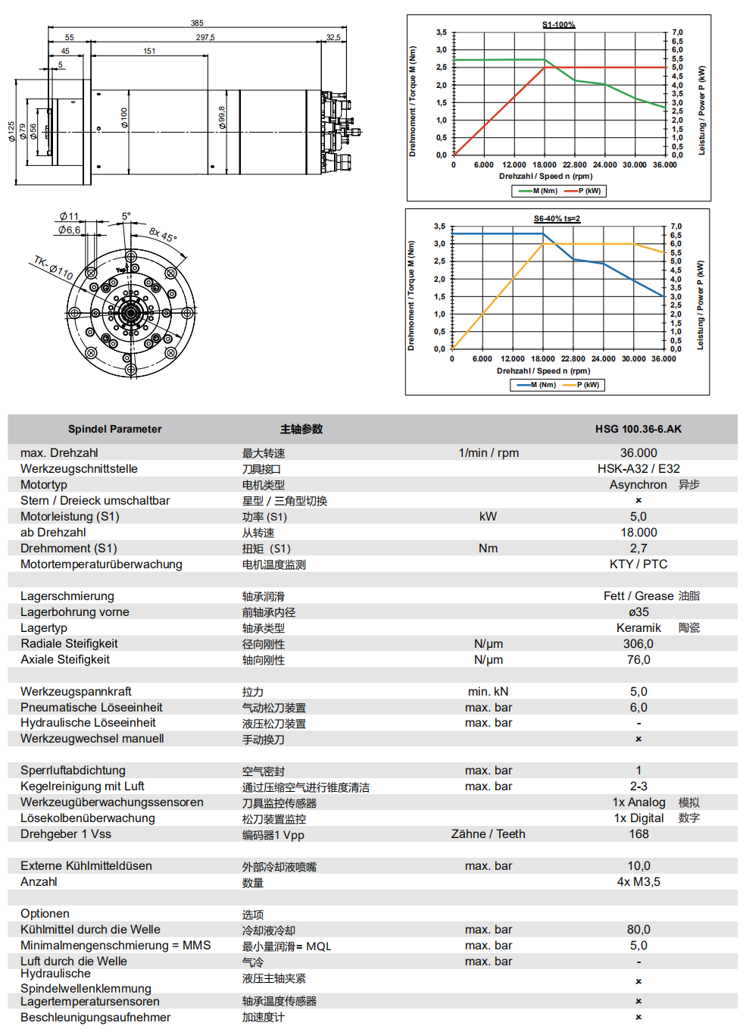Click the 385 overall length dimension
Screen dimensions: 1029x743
click(197, 23)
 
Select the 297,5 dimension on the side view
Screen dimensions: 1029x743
click(205, 37)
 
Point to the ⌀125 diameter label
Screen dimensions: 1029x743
click(11, 132)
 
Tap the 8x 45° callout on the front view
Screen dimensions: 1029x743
click(163, 234)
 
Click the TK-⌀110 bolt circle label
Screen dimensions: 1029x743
click(53, 267)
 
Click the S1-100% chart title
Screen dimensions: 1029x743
click(558, 25)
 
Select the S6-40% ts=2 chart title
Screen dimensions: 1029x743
click(557, 219)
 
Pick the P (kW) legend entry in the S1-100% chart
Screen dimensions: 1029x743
click(589, 191)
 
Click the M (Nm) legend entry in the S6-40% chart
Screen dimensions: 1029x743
click(543, 385)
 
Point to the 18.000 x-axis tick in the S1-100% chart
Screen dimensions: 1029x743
click(544, 165)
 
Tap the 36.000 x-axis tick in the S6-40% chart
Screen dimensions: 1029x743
click(663, 359)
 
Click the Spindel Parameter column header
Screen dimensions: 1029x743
click(115, 429)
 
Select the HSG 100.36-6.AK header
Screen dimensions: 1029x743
click(638, 429)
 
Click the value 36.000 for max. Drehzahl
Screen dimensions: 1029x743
click(638, 453)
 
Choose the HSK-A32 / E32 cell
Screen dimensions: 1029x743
click(638, 469)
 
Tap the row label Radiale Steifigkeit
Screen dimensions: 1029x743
click(69, 644)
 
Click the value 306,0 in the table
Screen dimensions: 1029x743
click(638, 644)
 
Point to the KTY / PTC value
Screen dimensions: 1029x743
click(638, 565)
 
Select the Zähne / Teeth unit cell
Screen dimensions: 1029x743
click(488, 834)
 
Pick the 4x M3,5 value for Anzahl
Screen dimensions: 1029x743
click(638, 882)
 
